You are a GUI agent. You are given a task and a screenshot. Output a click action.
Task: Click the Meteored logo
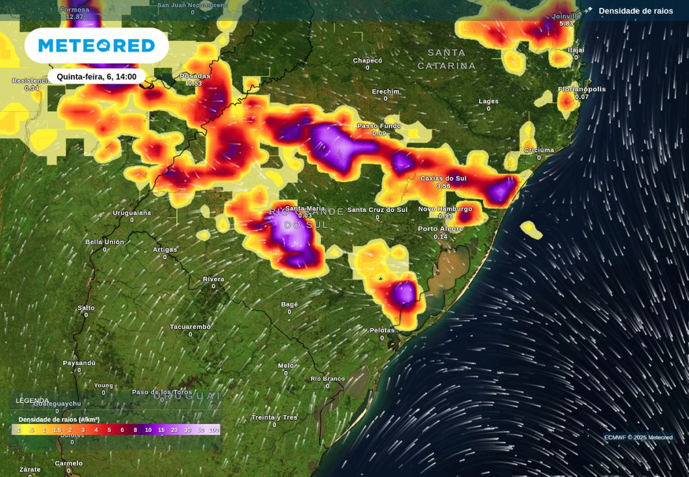click(96, 46)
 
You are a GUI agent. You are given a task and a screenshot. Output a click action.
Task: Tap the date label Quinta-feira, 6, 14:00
click(96, 77)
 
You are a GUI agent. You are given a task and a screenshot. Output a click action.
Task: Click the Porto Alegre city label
click(441, 229)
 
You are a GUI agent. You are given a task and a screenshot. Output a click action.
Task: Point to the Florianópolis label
click(581, 89)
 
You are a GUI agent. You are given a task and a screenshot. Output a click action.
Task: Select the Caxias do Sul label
click(443, 178)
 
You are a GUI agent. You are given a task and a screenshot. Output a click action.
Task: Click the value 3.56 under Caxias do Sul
click(443, 186)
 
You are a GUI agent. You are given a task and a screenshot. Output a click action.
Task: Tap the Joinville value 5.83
click(567, 24)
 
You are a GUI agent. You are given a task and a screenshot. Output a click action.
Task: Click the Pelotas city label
click(382, 330)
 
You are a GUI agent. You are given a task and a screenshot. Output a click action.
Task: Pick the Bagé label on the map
click(289, 304)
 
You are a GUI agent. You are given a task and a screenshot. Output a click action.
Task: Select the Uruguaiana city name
click(132, 213)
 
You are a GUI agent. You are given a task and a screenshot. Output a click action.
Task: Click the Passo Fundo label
click(379, 126)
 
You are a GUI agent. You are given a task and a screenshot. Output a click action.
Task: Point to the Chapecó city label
click(367, 61)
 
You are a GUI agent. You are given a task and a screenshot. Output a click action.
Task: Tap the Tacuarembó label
click(190, 327)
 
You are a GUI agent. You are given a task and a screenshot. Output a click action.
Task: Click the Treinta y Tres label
click(275, 417)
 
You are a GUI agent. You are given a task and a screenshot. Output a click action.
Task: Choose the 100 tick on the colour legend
click(214, 429)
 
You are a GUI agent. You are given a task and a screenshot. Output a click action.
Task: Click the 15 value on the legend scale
click(161, 429)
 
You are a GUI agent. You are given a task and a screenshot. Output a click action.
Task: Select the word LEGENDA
click(32, 400)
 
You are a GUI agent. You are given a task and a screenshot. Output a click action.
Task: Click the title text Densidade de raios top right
click(635, 11)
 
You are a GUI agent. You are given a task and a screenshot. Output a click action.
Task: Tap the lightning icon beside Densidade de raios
click(589, 11)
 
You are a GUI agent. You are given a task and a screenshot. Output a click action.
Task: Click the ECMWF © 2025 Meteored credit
click(638, 437)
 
